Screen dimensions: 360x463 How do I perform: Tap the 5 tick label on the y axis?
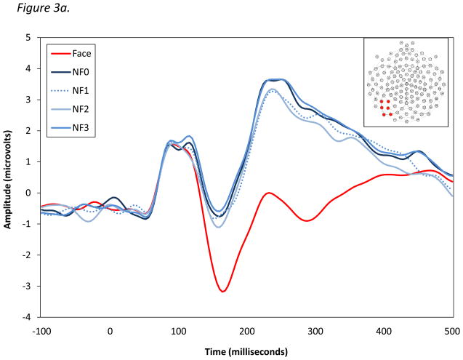pos(27,37)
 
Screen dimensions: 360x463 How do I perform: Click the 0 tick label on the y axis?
pos(27,193)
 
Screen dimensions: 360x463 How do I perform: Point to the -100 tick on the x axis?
pos(42,331)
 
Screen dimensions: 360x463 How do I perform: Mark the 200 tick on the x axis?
pos(247,331)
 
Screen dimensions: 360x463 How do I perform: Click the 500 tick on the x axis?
pos(452,331)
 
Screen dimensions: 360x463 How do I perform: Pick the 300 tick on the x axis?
pos(315,331)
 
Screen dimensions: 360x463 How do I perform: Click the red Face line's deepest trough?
pos(223,292)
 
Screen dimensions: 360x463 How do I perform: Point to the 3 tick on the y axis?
pos(27,100)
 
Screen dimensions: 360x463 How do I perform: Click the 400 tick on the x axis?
pos(384,331)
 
